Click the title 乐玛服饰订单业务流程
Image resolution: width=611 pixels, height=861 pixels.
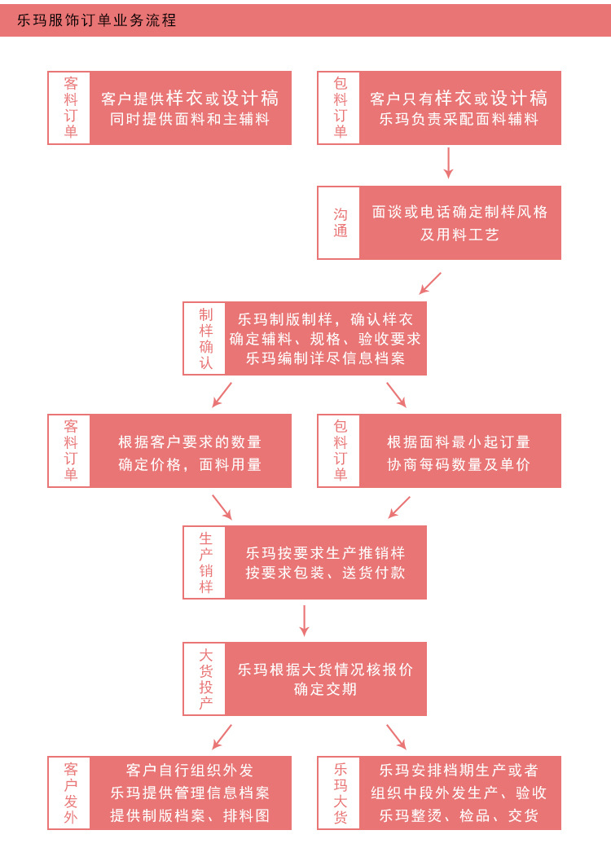(96, 20)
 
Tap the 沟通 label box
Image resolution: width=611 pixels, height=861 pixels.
(339, 222)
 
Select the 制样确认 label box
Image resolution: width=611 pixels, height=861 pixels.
(205, 338)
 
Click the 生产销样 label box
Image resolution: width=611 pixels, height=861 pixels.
(205, 562)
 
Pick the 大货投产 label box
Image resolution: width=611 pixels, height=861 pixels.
(205, 679)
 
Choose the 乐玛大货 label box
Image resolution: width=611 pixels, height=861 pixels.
(339, 793)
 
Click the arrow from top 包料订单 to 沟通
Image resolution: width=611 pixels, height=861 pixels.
(448, 163)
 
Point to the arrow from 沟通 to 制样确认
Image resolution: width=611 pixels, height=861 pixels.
(430, 283)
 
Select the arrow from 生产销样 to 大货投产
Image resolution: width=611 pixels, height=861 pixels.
(305, 620)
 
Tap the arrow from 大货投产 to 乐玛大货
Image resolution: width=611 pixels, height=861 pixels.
(396, 736)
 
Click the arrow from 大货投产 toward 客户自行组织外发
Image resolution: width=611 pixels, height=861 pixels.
(222, 736)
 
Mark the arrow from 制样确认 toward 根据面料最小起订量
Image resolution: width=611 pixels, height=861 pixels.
(396, 394)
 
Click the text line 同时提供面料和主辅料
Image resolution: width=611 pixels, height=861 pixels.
(190, 119)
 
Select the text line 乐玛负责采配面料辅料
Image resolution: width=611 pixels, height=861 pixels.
(459, 119)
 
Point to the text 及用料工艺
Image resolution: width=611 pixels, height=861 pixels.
(459, 235)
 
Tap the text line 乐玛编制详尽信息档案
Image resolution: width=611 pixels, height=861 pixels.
(325, 358)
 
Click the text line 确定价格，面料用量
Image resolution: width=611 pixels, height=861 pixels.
(190, 465)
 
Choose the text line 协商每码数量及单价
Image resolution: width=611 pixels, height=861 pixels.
(459, 465)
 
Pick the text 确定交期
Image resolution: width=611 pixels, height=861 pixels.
(325, 689)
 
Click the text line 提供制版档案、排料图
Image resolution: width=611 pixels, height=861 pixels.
(190, 815)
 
